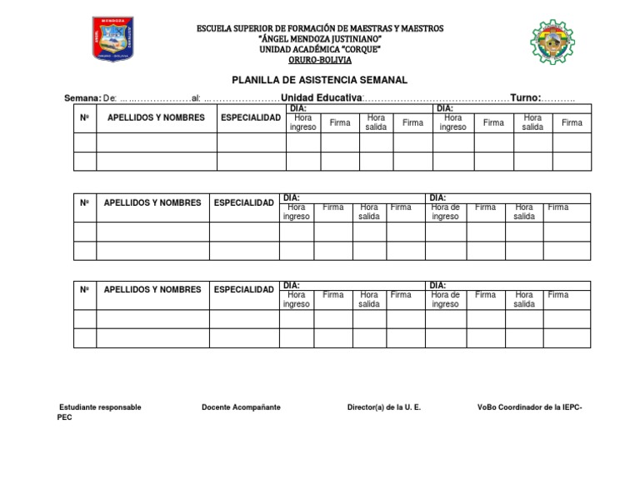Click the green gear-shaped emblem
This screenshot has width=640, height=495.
pos(552,42)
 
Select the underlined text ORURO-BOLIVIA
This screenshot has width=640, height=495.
pos(320,60)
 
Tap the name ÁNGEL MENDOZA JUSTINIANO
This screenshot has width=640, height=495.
pos(320,39)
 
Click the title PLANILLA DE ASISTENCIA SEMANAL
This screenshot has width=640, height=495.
pos(320,80)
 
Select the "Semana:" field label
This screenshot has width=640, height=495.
pos(82,98)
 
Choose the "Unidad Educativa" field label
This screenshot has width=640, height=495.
pos(322,98)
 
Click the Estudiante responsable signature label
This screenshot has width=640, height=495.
pos(100,407)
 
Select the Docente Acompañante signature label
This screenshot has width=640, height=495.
pos(241,407)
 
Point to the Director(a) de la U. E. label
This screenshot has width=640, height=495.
pos(383,407)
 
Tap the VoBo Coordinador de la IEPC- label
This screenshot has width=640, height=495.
pos(529,407)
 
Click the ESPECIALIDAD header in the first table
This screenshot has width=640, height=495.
pos(251,117)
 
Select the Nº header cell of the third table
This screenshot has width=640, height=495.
pos(84,290)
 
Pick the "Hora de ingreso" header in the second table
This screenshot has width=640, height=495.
pos(445,212)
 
